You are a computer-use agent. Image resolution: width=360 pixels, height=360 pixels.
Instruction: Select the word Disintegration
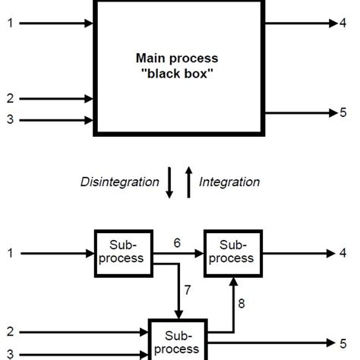(x=120, y=182)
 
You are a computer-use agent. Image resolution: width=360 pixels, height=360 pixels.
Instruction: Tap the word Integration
(x=229, y=182)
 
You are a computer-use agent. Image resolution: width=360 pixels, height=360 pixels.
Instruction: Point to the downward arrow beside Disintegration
(x=169, y=183)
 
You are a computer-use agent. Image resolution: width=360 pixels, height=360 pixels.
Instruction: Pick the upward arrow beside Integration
(x=190, y=182)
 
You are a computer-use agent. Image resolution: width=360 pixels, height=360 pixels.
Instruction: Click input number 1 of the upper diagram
(x=10, y=24)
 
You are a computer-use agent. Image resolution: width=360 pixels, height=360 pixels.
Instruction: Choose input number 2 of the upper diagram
(x=10, y=99)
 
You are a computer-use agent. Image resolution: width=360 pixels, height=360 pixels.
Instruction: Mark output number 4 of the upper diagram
(x=343, y=24)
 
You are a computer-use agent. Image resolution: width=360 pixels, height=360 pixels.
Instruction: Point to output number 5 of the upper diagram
(x=343, y=113)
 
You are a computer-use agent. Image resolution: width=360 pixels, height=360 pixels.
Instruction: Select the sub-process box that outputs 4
(x=232, y=252)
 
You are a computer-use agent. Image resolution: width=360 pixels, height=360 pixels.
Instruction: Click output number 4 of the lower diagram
(x=343, y=253)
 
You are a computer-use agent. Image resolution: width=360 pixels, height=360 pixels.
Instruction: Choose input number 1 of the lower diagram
(x=10, y=253)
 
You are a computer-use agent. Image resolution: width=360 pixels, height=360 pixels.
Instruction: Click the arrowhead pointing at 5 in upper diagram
(x=333, y=113)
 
